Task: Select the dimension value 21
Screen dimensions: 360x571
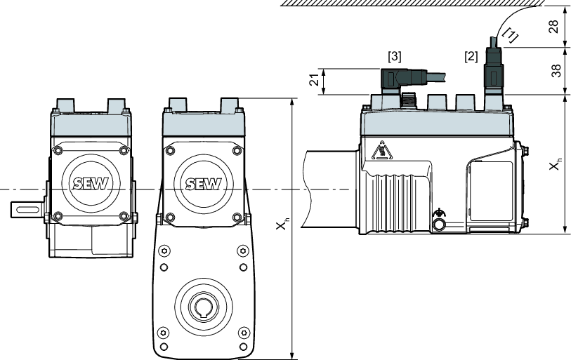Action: coord(314,81)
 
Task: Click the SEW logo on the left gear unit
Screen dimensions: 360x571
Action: coord(88,184)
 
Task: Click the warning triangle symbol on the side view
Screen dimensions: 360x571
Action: coord(381,151)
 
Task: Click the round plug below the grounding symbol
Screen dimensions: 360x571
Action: coord(440,225)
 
